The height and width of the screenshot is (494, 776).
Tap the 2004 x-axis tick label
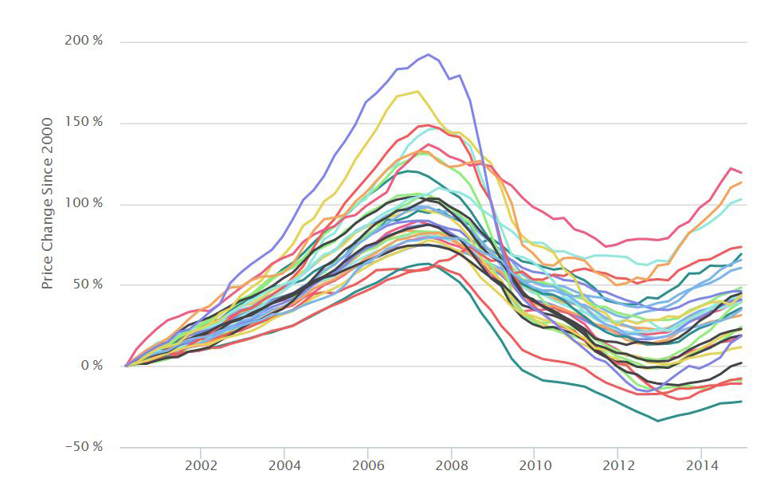pyautogui.click(x=284, y=465)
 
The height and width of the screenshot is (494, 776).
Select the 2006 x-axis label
pyautogui.click(x=367, y=465)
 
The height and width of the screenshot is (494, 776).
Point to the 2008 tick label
pyautogui.click(x=451, y=465)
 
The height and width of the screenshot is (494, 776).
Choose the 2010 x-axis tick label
pyautogui.click(x=534, y=465)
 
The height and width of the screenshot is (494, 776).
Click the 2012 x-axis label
pyautogui.click(x=617, y=465)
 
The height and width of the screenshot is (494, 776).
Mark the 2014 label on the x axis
pyautogui.click(x=700, y=465)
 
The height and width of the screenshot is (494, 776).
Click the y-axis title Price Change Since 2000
pyautogui.click(x=48, y=203)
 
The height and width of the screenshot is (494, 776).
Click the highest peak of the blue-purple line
pyautogui.click(x=429, y=54)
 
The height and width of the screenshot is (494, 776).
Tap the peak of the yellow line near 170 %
pyautogui.click(x=418, y=92)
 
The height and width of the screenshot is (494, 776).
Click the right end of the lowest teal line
pyautogui.click(x=742, y=402)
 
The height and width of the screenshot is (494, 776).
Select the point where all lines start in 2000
pyautogui.click(x=126, y=366)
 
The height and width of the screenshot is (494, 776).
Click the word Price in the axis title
pyautogui.click(x=48, y=272)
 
